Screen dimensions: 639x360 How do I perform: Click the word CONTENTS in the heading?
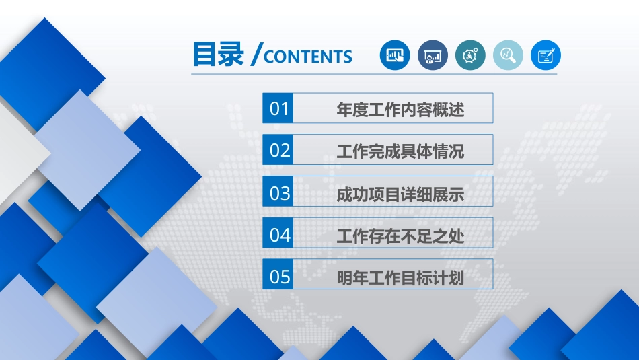pos(308,57)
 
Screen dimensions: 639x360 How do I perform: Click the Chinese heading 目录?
pos(218,54)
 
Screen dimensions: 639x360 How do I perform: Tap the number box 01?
pos(278,108)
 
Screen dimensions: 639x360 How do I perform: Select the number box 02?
pos(278,149)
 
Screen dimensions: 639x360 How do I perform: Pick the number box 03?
pos(278,191)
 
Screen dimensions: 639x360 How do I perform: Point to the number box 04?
pos(278,233)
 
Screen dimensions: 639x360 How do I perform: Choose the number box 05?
pos(278,275)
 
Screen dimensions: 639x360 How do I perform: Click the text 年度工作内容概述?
pos(400,109)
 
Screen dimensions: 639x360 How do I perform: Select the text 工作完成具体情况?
pos(400,151)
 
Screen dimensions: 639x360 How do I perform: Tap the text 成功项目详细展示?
pos(400,194)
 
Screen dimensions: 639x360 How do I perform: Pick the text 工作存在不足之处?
pos(400,236)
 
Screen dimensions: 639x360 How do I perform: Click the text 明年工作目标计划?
pos(400,278)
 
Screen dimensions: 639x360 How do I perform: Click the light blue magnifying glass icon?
pos(508,55)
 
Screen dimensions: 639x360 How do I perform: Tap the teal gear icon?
pos(470,55)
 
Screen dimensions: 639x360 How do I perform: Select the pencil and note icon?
pos(546,55)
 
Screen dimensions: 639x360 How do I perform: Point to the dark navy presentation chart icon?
pos(433,55)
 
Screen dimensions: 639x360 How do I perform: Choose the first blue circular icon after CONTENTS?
pos(395,55)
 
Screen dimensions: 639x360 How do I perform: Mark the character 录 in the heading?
pos(231,54)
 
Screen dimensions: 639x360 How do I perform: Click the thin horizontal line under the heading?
pos(374,74)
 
